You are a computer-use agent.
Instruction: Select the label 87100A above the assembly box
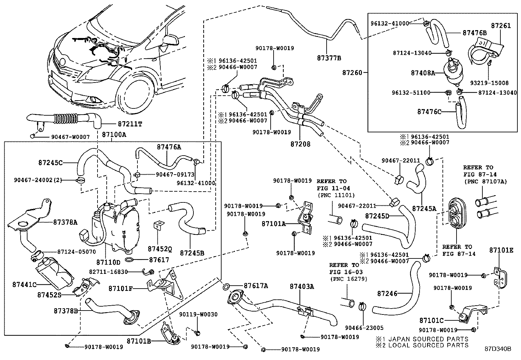click(114, 134)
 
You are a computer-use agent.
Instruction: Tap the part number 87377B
click(329, 58)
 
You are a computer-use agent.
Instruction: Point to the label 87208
click(300, 144)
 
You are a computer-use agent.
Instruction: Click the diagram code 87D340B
click(498, 349)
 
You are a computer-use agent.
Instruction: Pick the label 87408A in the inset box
click(423, 73)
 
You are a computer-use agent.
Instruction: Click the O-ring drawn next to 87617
click(130, 260)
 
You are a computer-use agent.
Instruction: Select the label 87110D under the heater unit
click(108, 262)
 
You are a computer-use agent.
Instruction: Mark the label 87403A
click(301, 286)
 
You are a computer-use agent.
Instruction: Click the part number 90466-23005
click(364, 328)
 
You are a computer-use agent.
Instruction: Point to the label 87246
click(387, 294)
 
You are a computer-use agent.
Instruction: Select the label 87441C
click(24, 284)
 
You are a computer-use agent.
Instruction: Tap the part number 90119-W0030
click(198, 314)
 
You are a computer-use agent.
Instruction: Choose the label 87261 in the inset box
click(501, 26)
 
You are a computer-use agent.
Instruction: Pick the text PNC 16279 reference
click(348, 279)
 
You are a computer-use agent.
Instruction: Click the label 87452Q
click(159, 249)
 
